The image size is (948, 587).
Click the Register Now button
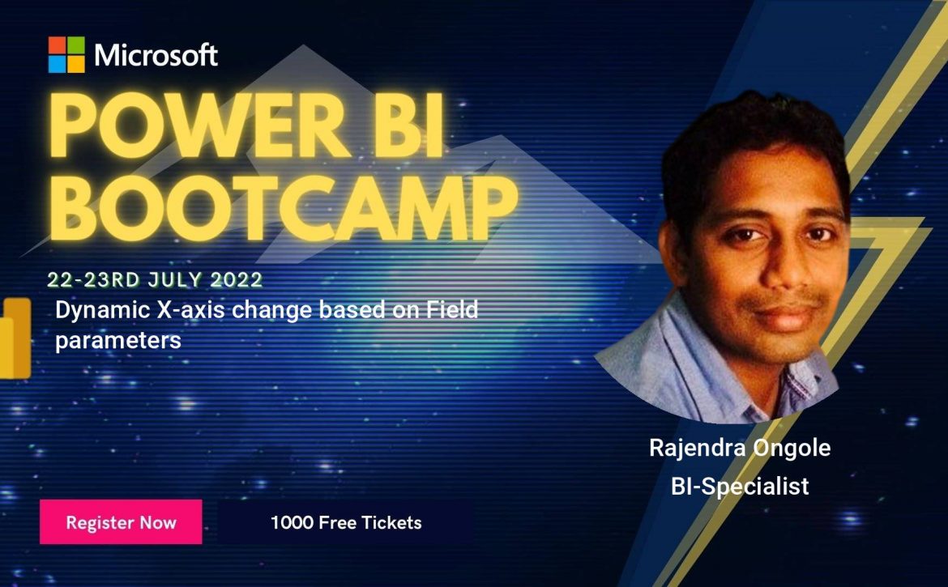[121, 521]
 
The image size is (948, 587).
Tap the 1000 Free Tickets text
[346, 522]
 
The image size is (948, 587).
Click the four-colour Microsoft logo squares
[66, 54]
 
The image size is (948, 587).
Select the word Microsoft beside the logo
[156, 55]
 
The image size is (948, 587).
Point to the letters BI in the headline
[411, 126]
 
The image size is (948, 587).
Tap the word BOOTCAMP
[283, 208]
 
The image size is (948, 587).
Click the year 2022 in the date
[237, 279]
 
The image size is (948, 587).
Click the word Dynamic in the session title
[103, 310]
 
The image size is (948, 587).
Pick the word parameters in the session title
[118, 341]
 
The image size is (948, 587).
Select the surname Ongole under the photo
[792, 449]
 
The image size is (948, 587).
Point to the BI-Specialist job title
[740, 486]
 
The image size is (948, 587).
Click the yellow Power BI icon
[15, 338]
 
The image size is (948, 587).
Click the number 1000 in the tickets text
[292, 522]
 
